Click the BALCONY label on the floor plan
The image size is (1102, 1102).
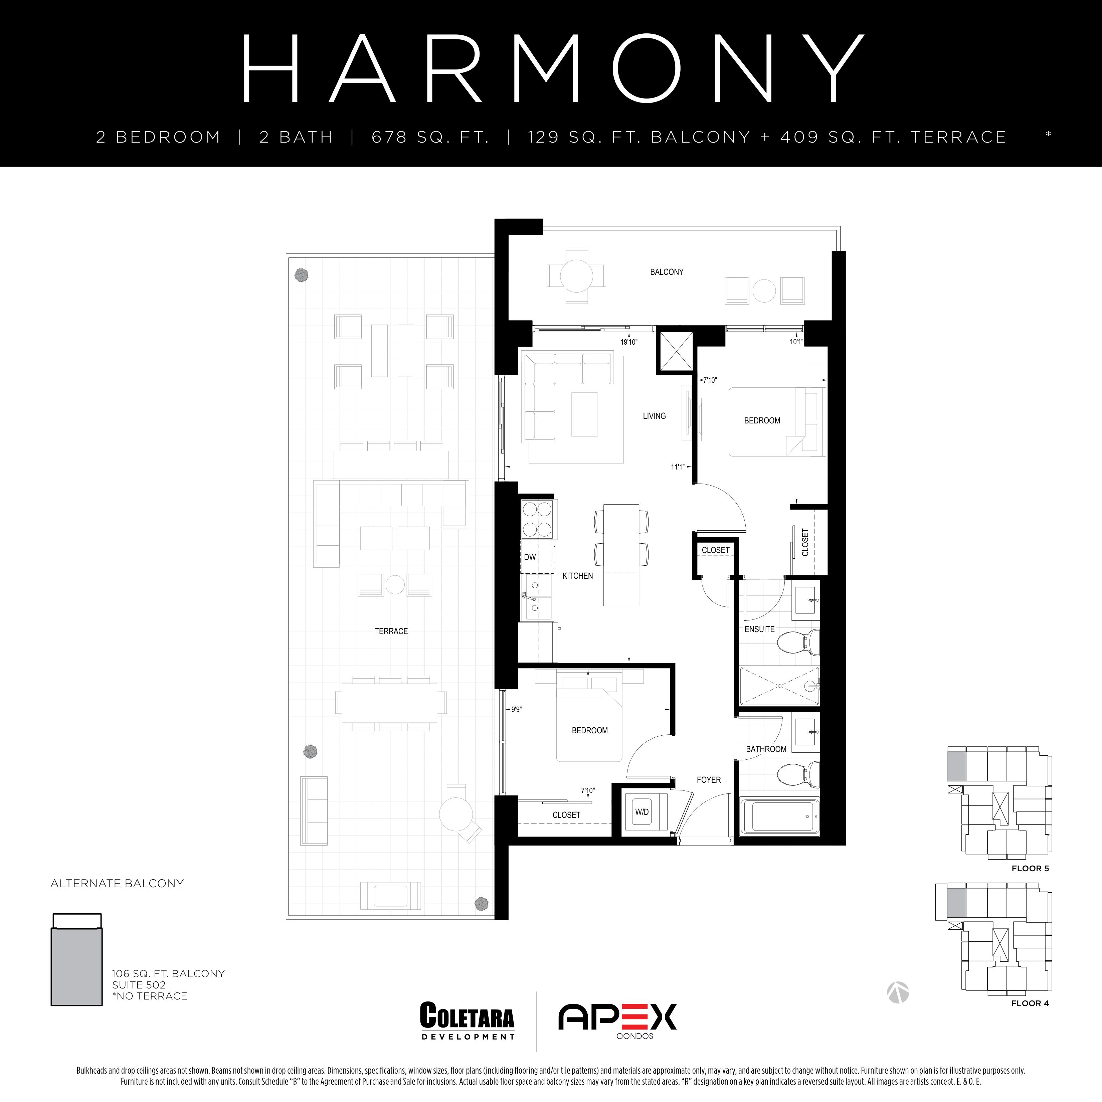pos(666,272)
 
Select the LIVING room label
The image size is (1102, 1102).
pos(654,416)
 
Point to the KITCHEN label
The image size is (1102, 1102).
pos(577,576)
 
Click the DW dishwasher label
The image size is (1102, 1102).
pos(530,557)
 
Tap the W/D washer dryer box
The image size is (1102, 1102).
pos(642,812)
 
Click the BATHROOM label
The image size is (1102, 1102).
pos(766,749)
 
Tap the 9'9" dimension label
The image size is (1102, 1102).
pos(516,710)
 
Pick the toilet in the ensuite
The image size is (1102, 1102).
pos(798,642)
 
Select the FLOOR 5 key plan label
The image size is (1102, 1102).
pos(1030,868)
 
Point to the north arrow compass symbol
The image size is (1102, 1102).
pos(898,992)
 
